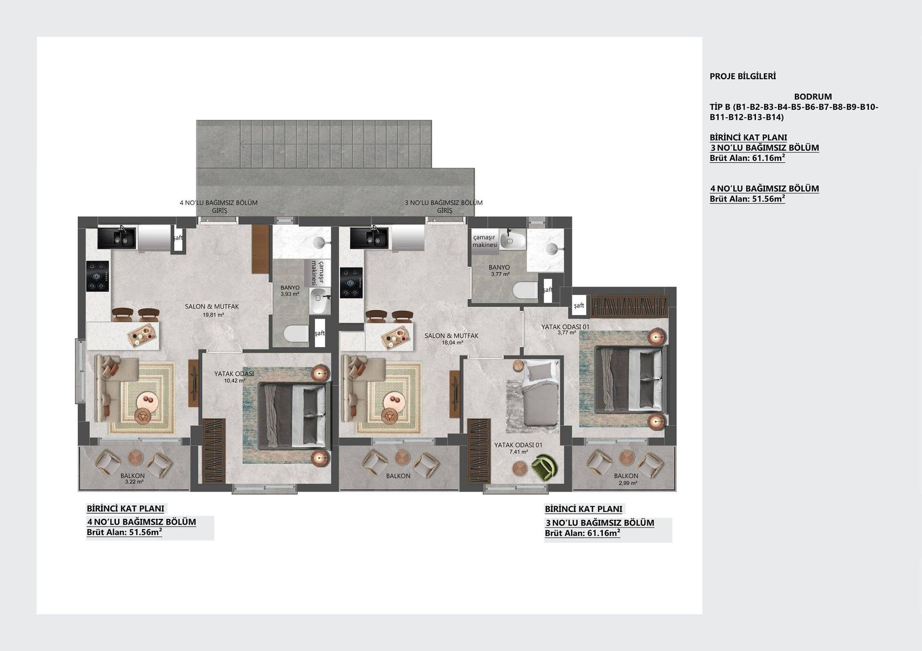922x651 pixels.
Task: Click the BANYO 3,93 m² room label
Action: [x=290, y=290]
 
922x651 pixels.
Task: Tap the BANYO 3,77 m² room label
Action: [x=499, y=270]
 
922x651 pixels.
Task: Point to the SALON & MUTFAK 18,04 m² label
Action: [x=451, y=339]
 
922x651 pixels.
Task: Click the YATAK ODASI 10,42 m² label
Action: [x=234, y=377]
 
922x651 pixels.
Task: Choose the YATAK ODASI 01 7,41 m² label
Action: [x=518, y=448]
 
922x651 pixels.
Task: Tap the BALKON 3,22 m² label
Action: [x=133, y=478]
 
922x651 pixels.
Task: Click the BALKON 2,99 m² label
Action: [x=626, y=479]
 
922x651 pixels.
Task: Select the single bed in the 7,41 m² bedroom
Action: [x=540, y=393]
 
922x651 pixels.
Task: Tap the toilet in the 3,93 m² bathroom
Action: [x=296, y=334]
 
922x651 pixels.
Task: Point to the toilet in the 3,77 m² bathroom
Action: [x=525, y=290]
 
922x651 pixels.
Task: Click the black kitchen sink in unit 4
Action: [x=117, y=238]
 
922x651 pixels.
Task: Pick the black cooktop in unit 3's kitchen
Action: [x=351, y=283]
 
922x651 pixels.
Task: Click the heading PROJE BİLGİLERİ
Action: [x=742, y=76]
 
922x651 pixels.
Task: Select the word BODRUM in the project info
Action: [x=813, y=96]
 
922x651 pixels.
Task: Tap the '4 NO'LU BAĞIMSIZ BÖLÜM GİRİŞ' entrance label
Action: [x=218, y=206]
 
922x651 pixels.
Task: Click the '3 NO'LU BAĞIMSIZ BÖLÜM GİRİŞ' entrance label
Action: [x=444, y=206]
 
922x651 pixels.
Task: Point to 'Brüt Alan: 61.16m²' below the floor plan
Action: [x=582, y=533]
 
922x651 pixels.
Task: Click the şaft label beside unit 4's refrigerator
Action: [x=178, y=238]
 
